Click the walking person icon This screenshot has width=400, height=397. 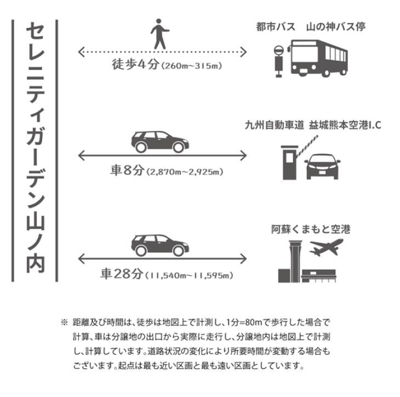pyautogui.click(x=159, y=34)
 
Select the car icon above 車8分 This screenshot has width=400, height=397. pyautogui.click(x=158, y=142)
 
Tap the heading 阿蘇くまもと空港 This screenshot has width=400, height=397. pyautogui.click(x=311, y=229)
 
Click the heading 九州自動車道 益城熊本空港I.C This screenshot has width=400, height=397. pyautogui.click(x=312, y=125)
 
